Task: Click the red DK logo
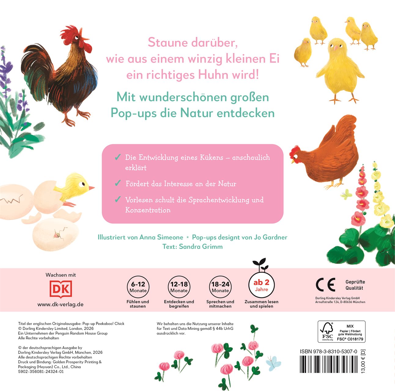61,289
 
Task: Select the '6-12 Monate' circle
138,287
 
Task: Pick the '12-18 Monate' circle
179,287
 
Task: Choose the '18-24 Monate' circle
220,287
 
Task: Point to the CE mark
326,285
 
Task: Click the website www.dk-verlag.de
61,304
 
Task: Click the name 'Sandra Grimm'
201,247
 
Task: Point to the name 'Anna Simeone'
161,237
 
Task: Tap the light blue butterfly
274,364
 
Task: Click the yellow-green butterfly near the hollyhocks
346,194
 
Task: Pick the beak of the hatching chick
91,188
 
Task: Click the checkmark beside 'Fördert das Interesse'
118,183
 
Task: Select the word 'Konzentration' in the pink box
148,210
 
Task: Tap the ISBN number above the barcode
328,352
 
